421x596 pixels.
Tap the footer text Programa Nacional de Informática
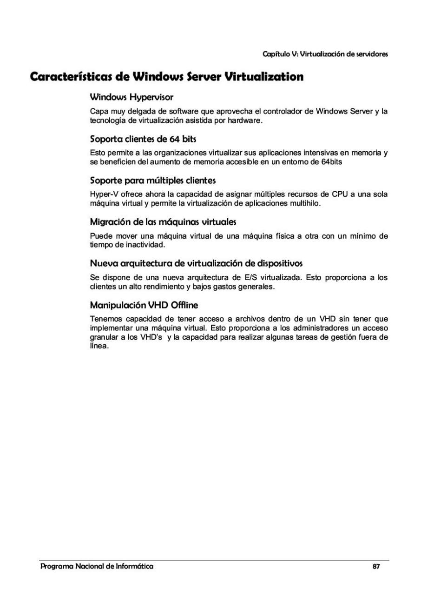[x=97, y=567]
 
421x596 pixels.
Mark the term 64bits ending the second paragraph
[x=331, y=161]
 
